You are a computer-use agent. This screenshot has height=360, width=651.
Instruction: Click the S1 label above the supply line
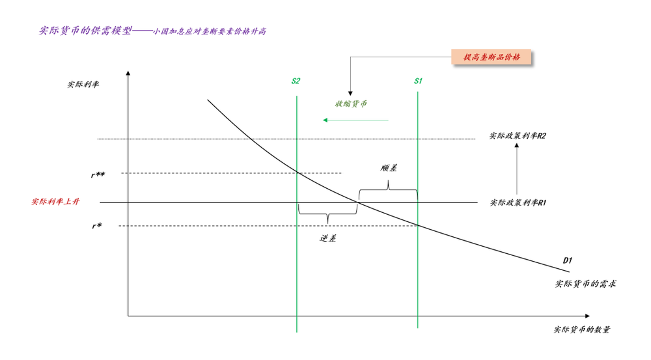pyautogui.click(x=418, y=81)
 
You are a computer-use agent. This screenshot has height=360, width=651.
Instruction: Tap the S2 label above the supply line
pyautogui.click(x=296, y=81)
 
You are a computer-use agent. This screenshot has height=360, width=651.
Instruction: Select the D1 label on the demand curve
pyautogui.click(x=567, y=260)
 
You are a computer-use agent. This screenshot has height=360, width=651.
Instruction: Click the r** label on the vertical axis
pyautogui.click(x=98, y=175)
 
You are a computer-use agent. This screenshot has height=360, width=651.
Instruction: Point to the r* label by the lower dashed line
pyautogui.click(x=97, y=226)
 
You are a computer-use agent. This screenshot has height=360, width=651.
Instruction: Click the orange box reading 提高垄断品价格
pyautogui.click(x=491, y=57)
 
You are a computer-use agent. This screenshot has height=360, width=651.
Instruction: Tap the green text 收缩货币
pyautogui.click(x=351, y=104)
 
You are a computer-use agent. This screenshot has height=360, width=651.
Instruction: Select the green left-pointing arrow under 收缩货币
pyautogui.click(x=356, y=120)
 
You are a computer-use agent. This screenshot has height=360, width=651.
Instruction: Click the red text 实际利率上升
pyautogui.click(x=55, y=202)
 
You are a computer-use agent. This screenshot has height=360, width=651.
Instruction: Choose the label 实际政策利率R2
pyautogui.click(x=518, y=136)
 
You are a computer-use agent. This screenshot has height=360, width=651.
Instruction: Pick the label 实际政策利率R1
pyautogui.click(x=518, y=202)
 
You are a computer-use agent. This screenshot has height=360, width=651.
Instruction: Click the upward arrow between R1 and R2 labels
pyautogui.click(x=517, y=169)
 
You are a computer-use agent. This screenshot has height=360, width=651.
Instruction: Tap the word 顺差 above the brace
pyautogui.click(x=389, y=168)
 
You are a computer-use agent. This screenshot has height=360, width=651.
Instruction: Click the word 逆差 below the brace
pyautogui.click(x=328, y=238)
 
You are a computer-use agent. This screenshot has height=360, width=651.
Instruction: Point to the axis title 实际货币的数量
pyautogui.click(x=582, y=329)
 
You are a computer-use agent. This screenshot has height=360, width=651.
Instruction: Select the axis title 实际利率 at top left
pyautogui.click(x=83, y=85)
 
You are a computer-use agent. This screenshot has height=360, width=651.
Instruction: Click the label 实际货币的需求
pyautogui.click(x=586, y=284)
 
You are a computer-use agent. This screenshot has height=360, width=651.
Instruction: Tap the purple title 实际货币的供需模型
pyautogui.click(x=85, y=31)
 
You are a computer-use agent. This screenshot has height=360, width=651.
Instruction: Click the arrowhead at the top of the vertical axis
pyautogui.click(x=128, y=73)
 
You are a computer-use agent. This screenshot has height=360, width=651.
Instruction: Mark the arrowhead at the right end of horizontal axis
pyautogui.click(x=587, y=316)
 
